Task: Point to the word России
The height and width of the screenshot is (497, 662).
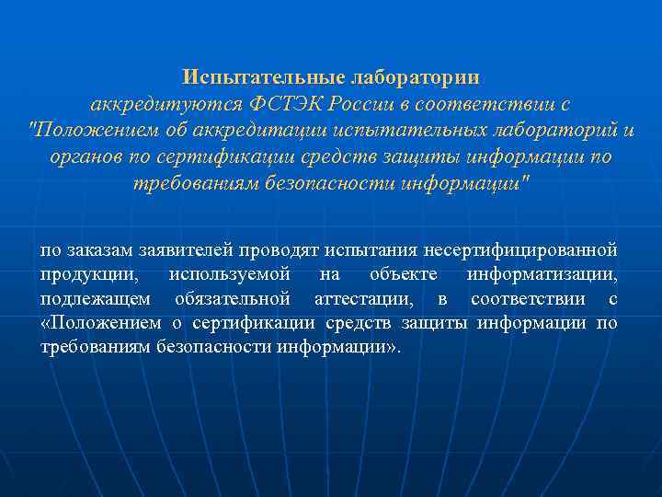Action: tap(345, 102)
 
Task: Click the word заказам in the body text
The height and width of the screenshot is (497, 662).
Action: tap(94, 249)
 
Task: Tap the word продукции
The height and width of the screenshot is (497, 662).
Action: tap(89, 274)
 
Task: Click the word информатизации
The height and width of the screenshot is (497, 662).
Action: tap(542, 274)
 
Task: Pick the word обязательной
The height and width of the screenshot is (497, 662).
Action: tap(232, 299)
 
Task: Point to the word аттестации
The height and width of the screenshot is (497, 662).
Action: tap(366, 299)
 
